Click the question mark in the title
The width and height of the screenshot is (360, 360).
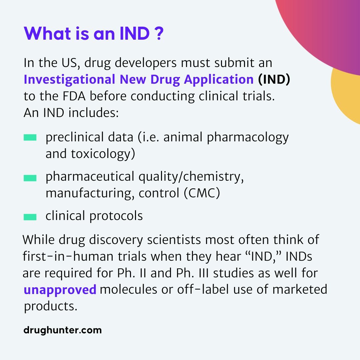click(159, 34)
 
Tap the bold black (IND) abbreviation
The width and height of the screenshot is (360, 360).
click(274, 79)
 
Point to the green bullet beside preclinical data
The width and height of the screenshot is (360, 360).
click(30, 137)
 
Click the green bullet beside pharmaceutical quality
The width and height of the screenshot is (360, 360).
click(30, 178)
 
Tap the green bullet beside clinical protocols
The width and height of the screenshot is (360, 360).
click(30, 217)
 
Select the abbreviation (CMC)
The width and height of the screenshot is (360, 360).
click(202, 193)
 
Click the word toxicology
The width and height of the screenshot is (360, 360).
click(103, 154)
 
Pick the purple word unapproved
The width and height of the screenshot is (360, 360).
click(60, 290)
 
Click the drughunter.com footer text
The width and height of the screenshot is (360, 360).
click(62, 330)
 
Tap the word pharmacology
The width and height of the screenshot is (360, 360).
click(248, 138)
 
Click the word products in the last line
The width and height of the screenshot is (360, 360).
click(51, 306)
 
